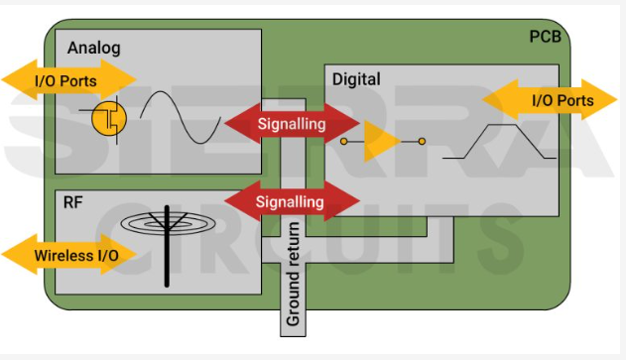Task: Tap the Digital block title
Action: pyautogui.click(x=356, y=78)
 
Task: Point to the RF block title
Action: pyautogui.click(x=73, y=202)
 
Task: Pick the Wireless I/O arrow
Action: pyautogui.click(x=69, y=256)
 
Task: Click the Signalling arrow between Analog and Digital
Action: pyautogui.click(x=291, y=124)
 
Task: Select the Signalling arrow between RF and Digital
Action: pyautogui.click(x=291, y=201)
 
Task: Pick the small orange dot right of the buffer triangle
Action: pyautogui.click(x=421, y=142)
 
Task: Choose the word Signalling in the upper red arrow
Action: pyautogui.click(x=291, y=124)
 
